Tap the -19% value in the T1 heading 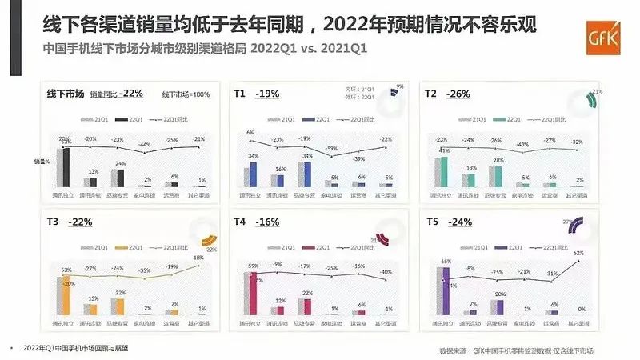tap(267, 94)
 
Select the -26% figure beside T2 tap(458, 94)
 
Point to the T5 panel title tap(432, 222)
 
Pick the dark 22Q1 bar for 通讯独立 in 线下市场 tap(68, 165)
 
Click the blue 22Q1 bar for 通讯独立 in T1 tap(254, 174)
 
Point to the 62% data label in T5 tap(578, 254)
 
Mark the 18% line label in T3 tap(199, 258)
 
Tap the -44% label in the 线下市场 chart tap(145, 145)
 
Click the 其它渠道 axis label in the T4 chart tap(388, 324)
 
